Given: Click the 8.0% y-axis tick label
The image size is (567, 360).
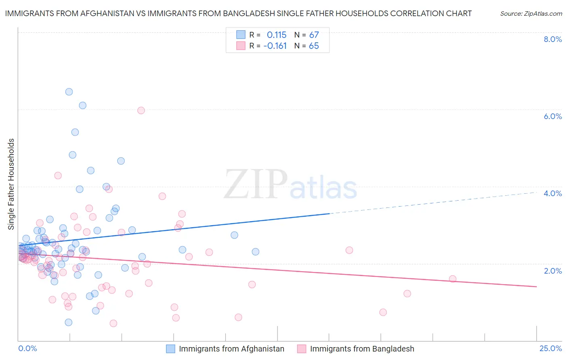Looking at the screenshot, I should [552, 39].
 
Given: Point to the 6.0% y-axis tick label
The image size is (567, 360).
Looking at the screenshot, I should [552, 116].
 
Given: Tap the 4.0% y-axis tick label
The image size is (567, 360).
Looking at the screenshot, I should [552, 193].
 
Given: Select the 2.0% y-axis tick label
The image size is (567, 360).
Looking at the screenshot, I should [552, 271].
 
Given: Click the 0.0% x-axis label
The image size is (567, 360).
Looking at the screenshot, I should [27, 349].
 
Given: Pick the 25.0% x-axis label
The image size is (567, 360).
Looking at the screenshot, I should [550, 349].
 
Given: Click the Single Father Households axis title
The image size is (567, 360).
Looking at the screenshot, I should [11, 184].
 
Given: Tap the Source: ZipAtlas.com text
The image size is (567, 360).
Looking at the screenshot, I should [531, 14].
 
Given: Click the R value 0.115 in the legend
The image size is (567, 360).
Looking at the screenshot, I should [276, 35].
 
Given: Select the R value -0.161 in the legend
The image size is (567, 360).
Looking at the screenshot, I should [275, 46].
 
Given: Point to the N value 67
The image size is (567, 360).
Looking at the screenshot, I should [314, 35].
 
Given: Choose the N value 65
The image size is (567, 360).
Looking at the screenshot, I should [314, 46].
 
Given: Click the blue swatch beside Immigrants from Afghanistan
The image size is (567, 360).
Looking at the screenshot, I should [171, 349].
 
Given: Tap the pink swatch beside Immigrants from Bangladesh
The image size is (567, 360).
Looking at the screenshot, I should [302, 349].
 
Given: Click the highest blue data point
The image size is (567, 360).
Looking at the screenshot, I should [69, 92].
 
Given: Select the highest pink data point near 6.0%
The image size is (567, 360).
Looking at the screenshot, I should [141, 111].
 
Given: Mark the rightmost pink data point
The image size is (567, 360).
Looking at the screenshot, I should [452, 279].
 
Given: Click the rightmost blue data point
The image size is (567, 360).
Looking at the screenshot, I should [255, 252].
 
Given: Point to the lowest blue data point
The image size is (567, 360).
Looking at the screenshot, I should [69, 322].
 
